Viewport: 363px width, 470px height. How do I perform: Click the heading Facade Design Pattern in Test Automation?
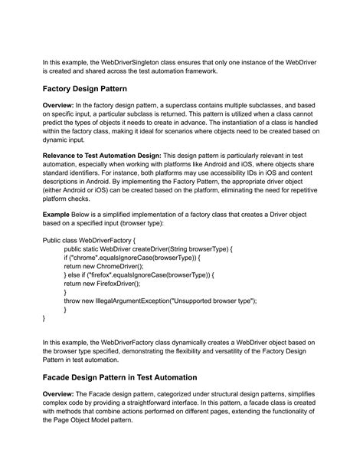[132, 377]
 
